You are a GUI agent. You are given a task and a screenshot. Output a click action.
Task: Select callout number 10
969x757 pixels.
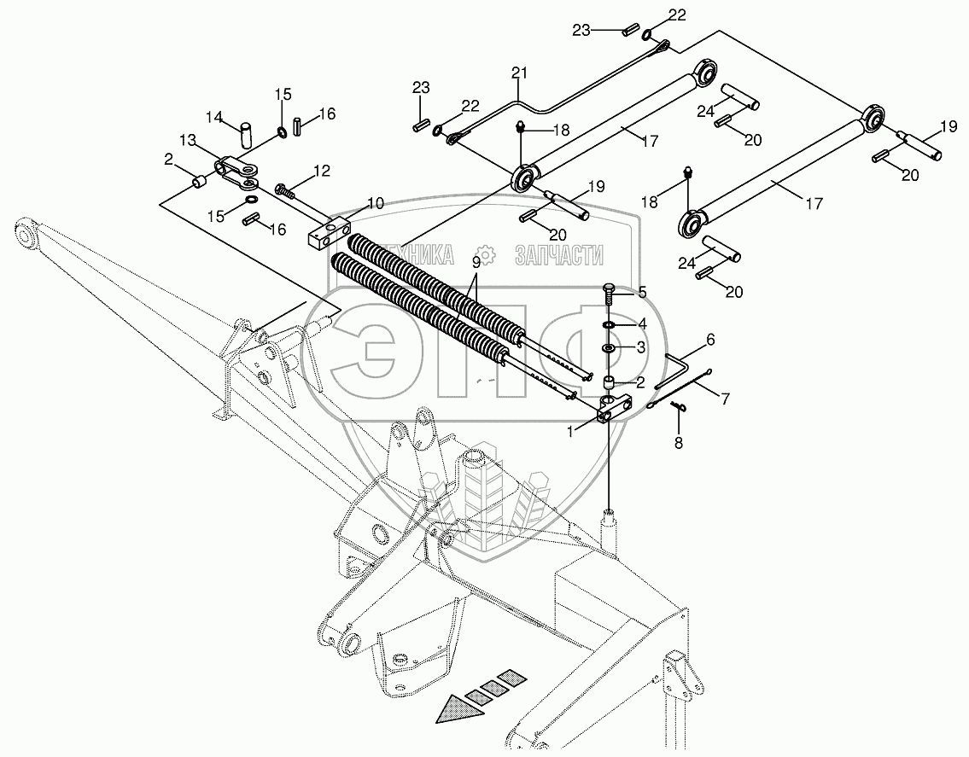pos(376,203)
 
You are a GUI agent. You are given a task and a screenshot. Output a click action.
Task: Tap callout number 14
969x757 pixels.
pos(213,116)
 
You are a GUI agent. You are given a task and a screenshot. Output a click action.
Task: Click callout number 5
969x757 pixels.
pos(641,292)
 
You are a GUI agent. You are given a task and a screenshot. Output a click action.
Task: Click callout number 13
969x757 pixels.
pos(187,139)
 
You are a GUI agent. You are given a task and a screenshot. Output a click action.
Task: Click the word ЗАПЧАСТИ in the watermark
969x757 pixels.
pos(559,253)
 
